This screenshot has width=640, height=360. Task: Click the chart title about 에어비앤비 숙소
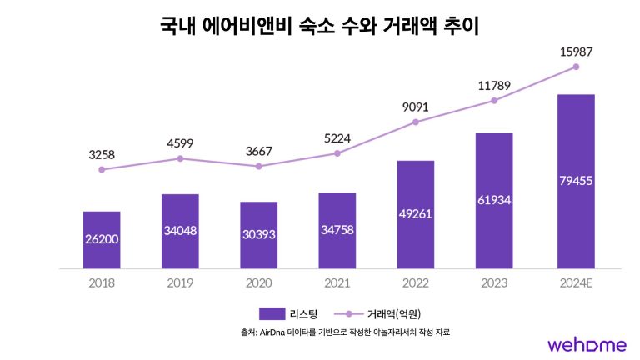click(x=320, y=27)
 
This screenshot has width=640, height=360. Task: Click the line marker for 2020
click(x=258, y=166)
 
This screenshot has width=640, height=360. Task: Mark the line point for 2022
click(x=416, y=122)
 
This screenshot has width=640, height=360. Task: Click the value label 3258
click(x=102, y=154)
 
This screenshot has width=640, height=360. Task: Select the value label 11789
click(x=495, y=85)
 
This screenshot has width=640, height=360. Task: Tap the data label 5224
click(x=337, y=138)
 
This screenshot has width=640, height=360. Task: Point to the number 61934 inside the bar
click(x=495, y=200)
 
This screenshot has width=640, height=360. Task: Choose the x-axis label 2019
click(x=180, y=282)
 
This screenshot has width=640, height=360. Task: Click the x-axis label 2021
click(x=337, y=282)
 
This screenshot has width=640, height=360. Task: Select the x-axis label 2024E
click(x=576, y=282)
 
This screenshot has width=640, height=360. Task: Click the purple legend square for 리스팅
click(x=272, y=313)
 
